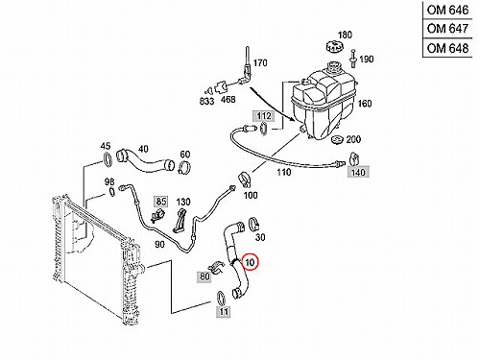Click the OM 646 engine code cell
[447, 11]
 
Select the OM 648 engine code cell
[447, 48]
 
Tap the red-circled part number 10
[250, 262]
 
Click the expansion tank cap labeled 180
[334, 48]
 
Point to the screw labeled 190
[353, 59]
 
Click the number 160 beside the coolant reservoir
[365, 104]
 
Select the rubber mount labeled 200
[338, 141]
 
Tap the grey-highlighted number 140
[358, 172]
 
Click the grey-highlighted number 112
[264, 116]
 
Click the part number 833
[206, 101]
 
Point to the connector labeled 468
[221, 86]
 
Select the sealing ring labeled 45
[108, 159]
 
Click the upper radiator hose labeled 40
[144, 160]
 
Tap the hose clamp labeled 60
[184, 167]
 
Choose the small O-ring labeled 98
[112, 192]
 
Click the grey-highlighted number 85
[161, 202]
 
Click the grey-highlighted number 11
[224, 311]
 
